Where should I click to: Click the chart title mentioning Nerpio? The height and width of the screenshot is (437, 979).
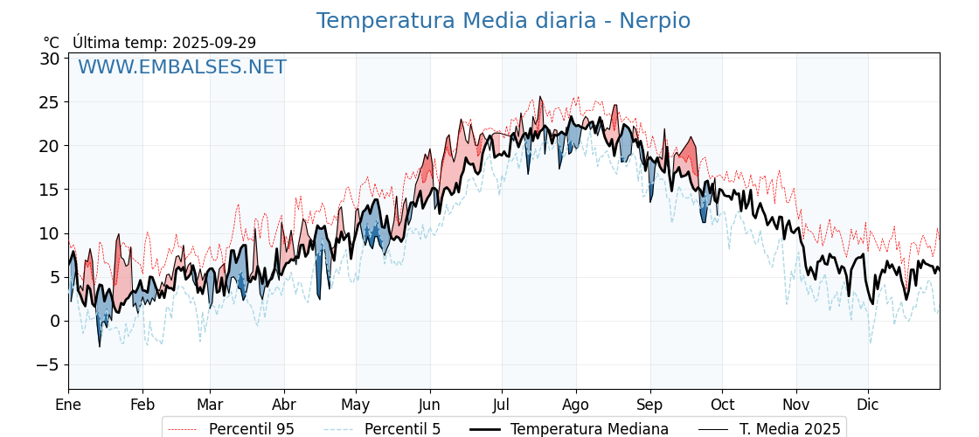point(503,21)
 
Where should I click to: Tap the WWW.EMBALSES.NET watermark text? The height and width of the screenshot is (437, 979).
point(182,67)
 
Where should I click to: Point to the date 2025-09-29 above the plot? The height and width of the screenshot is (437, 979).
point(214,43)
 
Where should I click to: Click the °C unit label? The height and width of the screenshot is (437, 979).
point(52,43)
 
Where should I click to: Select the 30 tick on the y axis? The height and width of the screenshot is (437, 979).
point(50,59)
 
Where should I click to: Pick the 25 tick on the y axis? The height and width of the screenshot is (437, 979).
point(50,102)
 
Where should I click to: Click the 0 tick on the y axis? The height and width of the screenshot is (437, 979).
point(54,321)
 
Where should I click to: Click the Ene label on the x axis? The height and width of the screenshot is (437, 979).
point(68,405)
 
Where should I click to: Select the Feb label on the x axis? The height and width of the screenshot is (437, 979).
point(142,405)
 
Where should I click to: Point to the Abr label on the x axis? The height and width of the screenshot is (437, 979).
point(284,405)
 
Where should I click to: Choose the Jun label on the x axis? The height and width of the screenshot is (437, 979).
point(429,405)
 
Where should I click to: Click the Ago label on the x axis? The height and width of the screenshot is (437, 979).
point(576,405)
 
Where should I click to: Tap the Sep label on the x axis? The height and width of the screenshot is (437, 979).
point(650,405)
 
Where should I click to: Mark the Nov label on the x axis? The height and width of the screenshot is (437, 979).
point(796,405)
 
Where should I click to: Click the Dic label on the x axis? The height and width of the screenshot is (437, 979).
point(868,405)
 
